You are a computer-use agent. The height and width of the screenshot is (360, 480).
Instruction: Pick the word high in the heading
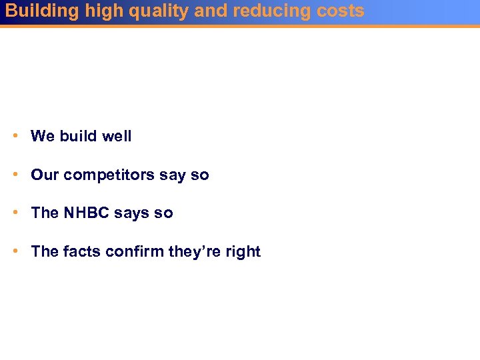point(103,11)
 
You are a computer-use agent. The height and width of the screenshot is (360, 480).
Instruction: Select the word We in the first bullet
point(43,136)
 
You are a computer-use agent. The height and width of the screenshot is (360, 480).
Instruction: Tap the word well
point(117,136)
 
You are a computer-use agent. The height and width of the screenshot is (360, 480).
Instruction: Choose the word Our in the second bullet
point(45,175)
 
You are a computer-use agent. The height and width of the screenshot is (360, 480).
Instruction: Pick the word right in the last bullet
point(244,252)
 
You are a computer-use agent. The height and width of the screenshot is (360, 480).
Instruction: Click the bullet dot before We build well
point(15,136)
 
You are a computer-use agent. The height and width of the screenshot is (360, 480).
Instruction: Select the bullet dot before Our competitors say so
point(15,175)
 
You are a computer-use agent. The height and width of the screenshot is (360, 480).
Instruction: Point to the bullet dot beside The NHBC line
point(15,213)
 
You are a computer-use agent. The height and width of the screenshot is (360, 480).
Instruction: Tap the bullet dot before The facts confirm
point(15,251)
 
